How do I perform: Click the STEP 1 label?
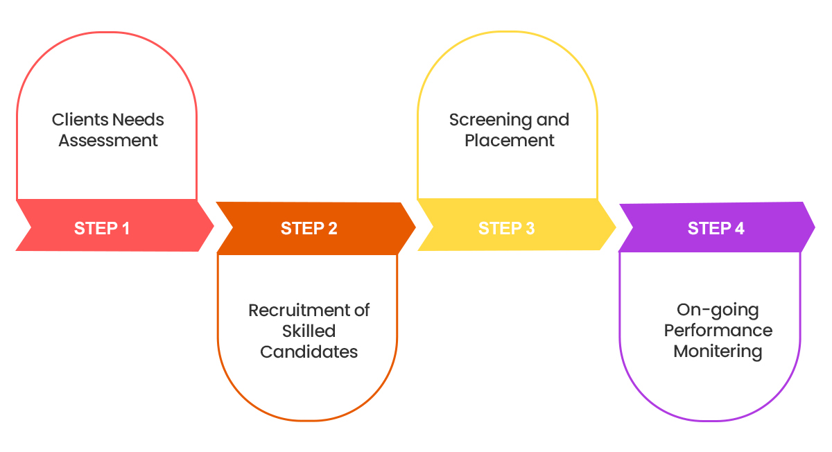(102, 228)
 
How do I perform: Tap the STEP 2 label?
(309, 229)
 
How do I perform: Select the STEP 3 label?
(506, 229)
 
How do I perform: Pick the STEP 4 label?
(716, 229)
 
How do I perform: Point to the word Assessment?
(108, 141)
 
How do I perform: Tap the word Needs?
(138, 119)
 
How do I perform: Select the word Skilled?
(309, 331)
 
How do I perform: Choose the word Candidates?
(309, 351)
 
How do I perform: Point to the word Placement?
(510, 141)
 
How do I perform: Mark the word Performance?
(718, 330)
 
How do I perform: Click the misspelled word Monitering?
(718, 351)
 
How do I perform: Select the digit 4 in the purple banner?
(740, 229)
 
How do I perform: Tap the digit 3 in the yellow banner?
(530, 229)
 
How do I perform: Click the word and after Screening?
(553, 119)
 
